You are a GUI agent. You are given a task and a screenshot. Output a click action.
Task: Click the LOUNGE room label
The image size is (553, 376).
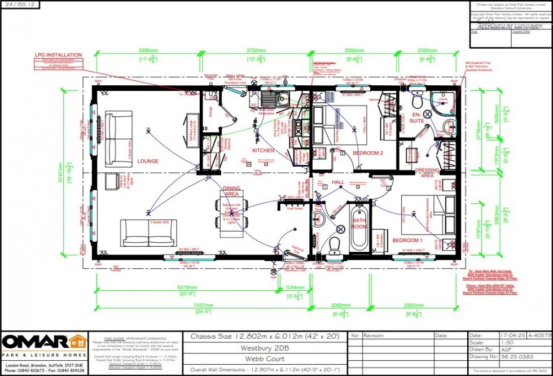click(148, 161)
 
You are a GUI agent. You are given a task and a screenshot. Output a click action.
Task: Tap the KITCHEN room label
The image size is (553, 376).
click(263, 151)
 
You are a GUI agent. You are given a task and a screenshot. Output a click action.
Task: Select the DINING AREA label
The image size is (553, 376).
click(231, 191)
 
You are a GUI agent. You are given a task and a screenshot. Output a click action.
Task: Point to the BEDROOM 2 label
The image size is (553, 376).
click(368, 154)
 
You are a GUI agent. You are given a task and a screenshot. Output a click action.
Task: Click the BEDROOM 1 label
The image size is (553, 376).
click(407, 241)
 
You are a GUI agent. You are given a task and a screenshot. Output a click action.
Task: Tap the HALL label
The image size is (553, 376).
click(337, 182)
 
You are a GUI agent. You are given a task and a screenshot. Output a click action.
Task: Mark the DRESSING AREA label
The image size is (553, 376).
click(427, 172)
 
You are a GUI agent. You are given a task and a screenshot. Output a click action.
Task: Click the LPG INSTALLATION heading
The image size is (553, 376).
click(59, 55)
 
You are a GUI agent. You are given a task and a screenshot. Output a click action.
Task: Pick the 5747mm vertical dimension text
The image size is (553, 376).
click(72, 168)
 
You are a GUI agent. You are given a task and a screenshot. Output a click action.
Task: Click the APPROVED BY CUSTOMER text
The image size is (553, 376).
click(511, 26)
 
